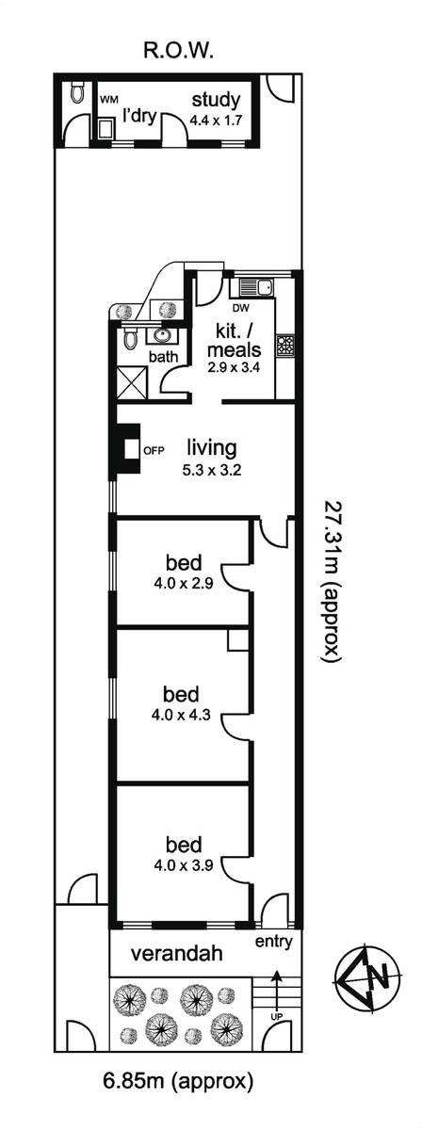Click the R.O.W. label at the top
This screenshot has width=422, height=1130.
(176, 51)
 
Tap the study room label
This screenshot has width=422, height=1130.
(216, 100)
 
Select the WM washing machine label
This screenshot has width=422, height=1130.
(106, 100)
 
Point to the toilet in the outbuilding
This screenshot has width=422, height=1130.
(76, 92)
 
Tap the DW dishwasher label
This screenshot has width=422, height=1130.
(240, 307)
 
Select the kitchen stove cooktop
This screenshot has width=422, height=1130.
(284, 346)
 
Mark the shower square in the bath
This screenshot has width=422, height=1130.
(132, 383)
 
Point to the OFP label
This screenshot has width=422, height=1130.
(154, 451)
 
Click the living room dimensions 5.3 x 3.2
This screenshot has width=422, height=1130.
(212, 471)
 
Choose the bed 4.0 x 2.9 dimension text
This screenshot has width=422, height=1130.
(184, 584)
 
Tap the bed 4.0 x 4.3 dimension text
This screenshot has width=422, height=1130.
(180, 715)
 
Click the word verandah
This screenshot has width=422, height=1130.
(177, 953)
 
